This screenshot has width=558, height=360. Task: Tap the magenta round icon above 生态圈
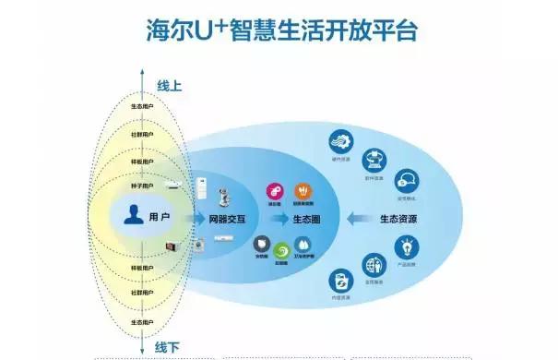click(274, 190)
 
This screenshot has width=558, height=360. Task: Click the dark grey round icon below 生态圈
click(262, 245)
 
